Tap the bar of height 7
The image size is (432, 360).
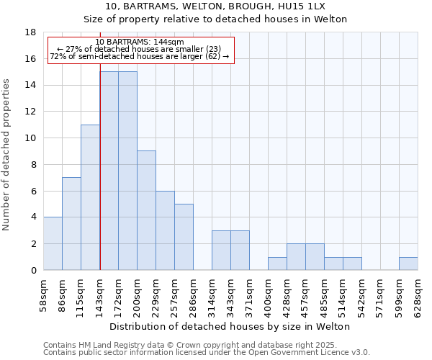click(x=71, y=223)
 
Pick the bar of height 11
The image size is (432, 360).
click(x=90, y=197)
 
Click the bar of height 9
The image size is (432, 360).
click(x=146, y=210)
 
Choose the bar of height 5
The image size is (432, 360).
click(x=184, y=237)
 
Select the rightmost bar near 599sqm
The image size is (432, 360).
click(x=408, y=264)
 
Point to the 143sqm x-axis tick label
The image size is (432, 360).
click(x=100, y=294)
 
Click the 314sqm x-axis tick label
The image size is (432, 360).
click(x=212, y=294)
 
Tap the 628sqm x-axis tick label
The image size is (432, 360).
click(x=418, y=294)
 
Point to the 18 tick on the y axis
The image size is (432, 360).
click(x=31, y=32)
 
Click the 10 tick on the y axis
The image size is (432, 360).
click(x=31, y=138)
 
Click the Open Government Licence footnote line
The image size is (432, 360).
click(x=207, y=352)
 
